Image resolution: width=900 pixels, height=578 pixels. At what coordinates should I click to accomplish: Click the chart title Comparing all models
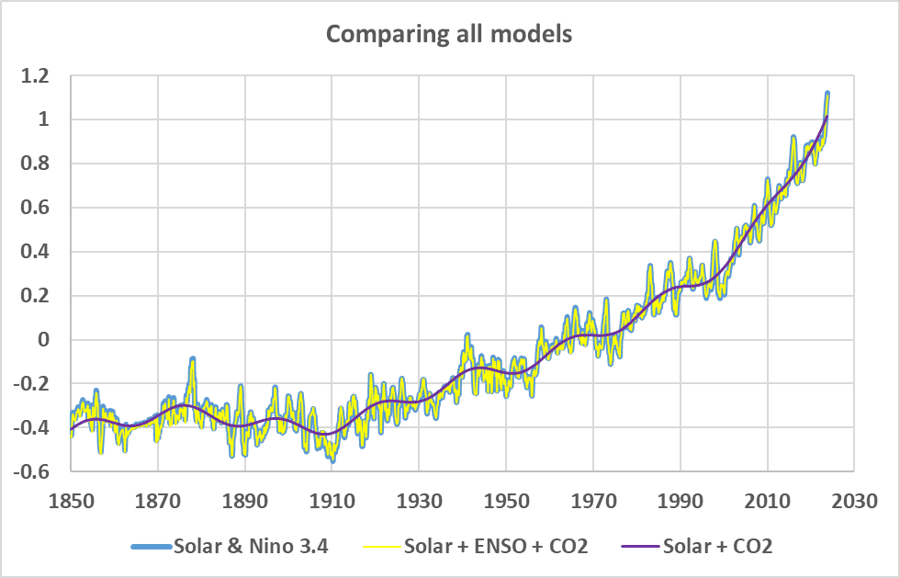click(x=449, y=34)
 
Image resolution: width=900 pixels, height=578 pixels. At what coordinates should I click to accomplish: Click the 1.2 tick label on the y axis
click(x=35, y=75)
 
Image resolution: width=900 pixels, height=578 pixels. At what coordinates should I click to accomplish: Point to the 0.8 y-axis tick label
click(x=35, y=164)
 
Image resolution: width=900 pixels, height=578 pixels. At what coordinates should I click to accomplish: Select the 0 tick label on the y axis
click(x=44, y=340)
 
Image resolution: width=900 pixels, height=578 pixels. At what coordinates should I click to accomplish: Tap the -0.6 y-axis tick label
click(x=31, y=471)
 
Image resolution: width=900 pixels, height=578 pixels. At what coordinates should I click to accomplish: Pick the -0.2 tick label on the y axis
click(x=31, y=384)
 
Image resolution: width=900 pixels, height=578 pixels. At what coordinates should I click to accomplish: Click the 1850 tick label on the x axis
click(x=72, y=501)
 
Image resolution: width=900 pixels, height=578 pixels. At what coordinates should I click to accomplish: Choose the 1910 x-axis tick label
click(x=332, y=501)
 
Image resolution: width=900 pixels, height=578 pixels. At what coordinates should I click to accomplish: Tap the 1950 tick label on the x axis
click(x=506, y=501)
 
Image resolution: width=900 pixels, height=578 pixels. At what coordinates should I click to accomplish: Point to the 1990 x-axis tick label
click(x=681, y=501)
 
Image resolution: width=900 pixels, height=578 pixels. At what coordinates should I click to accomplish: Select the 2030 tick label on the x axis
click(x=854, y=501)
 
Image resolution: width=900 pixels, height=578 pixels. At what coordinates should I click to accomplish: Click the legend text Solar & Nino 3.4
click(x=251, y=546)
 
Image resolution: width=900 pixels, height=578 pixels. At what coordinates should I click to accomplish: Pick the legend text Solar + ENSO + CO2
click(x=496, y=546)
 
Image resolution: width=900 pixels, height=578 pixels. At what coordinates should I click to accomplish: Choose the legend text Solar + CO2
click(x=717, y=546)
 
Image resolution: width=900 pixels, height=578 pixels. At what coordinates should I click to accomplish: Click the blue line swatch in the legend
click(x=152, y=547)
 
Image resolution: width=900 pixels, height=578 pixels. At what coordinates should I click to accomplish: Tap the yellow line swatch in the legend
click(x=382, y=547)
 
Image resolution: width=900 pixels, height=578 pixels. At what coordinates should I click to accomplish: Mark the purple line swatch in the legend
click(x=641, y=547)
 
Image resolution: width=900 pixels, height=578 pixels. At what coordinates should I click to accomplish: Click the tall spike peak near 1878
click(x=193, y=358)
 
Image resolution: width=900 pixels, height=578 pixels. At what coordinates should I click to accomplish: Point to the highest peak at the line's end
click(x=827, y=93)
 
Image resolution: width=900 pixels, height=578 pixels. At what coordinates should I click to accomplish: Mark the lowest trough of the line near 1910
click(x=332, y=460)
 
